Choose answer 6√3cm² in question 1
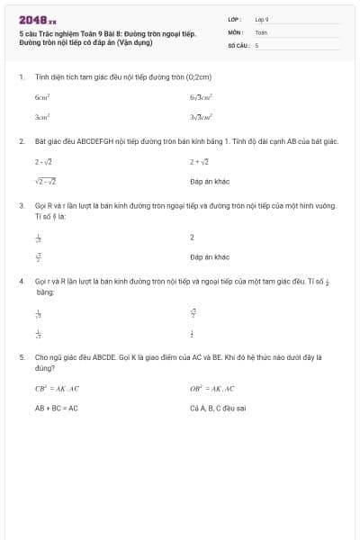(201, 95)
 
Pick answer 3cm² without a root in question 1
(42, 117)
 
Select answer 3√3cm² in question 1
(201, 117)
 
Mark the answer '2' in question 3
(192, 238)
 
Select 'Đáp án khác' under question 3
(210, 257)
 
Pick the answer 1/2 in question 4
(192, 334)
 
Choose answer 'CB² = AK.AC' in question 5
(54, 389)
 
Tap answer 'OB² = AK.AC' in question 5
(212, 389)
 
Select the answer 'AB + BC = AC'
(57, 408)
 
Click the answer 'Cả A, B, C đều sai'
(218, 408)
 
